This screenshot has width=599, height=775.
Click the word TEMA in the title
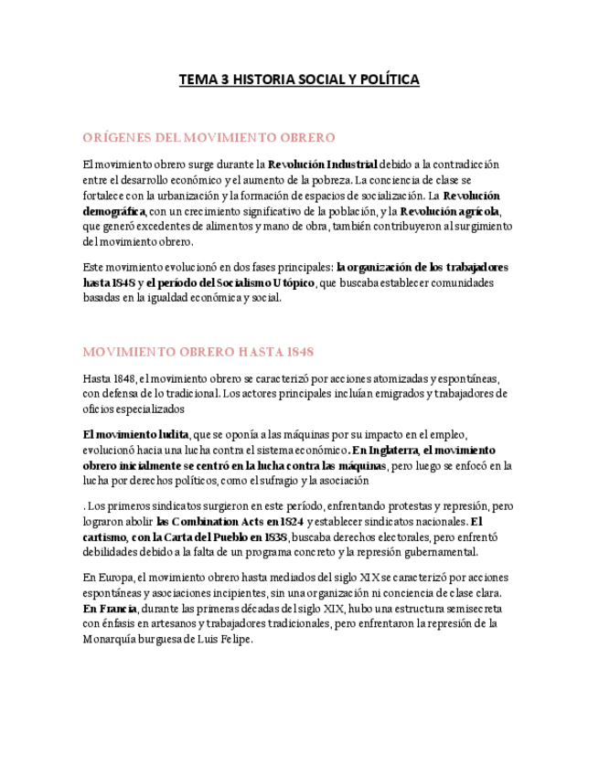(x=197, y=80)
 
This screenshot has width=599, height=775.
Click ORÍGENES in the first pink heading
(x=115, y=137)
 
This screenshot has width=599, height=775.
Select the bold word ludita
(x=171, y=434)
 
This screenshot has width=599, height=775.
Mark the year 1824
(x=285, y=521)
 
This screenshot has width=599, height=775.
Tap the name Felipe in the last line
(x=230, y=639)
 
